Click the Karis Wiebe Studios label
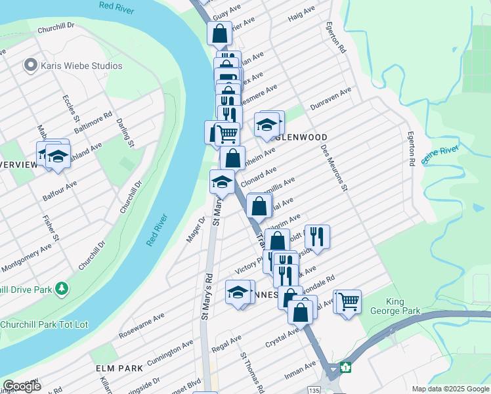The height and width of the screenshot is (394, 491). pos(82,66)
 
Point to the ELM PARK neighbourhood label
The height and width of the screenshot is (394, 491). pos(119,368)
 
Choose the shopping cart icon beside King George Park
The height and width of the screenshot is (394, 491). pos(349,301)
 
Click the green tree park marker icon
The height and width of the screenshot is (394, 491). pos(61,288)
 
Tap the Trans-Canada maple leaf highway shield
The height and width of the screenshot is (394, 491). pos(345,367)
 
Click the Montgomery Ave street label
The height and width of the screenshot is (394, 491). pos(27,257)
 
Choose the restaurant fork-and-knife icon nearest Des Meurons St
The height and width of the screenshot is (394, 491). pos(317,236)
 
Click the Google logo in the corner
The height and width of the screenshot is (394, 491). pos(21,385)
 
